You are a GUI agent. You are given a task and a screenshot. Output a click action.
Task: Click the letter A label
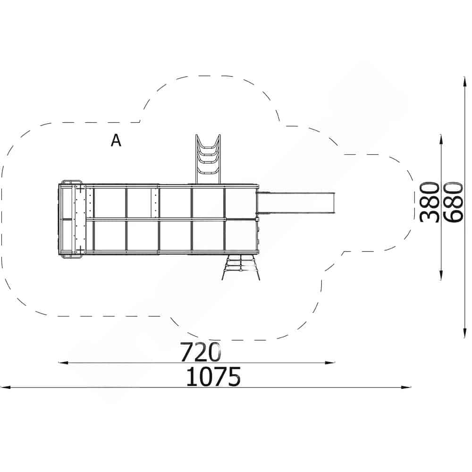click(116, 140)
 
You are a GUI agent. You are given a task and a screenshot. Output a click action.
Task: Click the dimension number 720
click(201, 352)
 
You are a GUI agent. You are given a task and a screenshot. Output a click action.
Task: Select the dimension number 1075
click(213, 376)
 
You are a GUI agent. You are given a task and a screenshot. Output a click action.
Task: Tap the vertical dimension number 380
click(430, 202)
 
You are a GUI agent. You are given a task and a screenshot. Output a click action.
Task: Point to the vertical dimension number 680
click(453, 202)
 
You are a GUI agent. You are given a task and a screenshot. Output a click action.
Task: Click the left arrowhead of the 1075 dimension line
click(5, 388)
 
